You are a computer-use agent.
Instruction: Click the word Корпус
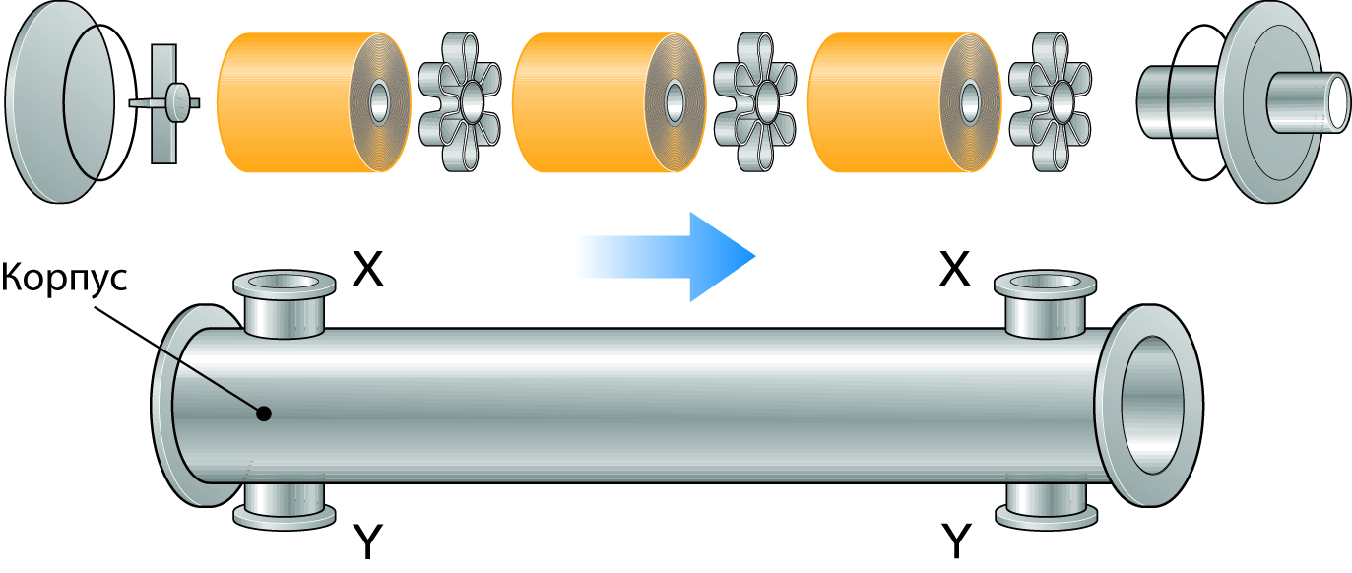point(65,278)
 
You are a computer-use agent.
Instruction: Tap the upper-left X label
point(367,269)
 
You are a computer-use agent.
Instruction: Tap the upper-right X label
point(954,269)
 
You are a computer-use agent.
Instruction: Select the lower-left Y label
point(367,541)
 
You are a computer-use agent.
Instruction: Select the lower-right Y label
point(954,541)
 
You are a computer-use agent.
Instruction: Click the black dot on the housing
point(263,414)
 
